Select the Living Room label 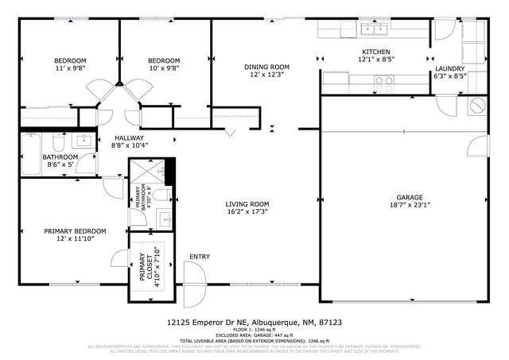[247, 203]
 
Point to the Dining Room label [266, 67]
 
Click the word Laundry [449, 69]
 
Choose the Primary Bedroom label [75, 231]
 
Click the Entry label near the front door [199, 257]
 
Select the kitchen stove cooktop [383, 80]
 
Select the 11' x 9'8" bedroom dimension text [69, 69]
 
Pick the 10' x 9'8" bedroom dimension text [164, 69]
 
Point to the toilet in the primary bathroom [160, 195]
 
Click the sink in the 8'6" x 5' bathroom [84, 141]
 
